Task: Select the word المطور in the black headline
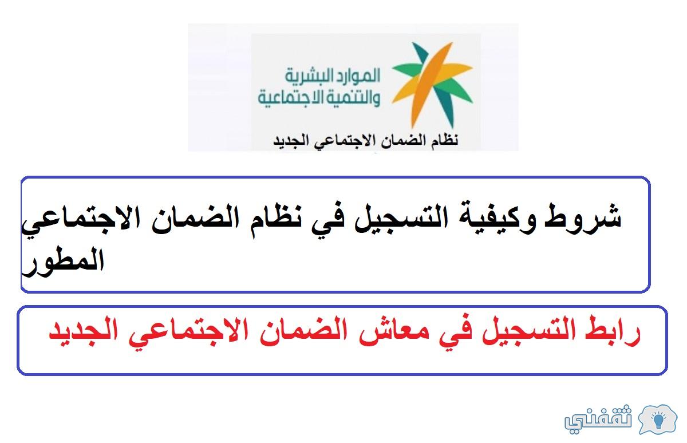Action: point(63,263)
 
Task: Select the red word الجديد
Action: point(83,332)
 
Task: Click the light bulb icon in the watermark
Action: point(658,420)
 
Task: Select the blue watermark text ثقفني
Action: point(598,419)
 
